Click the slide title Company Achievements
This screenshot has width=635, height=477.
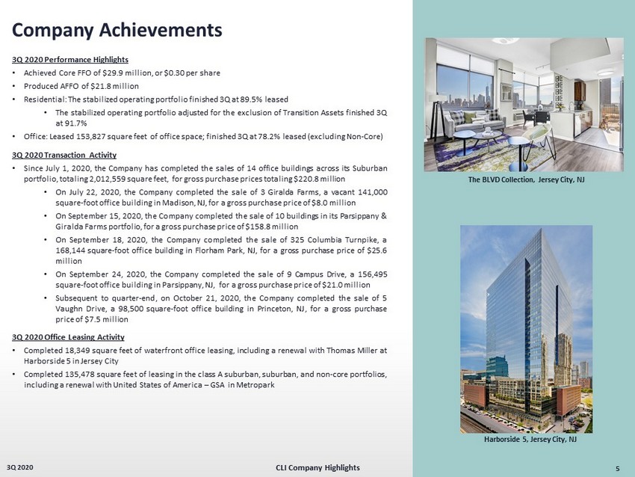pyautogui.click(x=117, y=30)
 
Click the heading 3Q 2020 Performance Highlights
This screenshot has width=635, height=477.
pyautogui.click(x=70, y=59)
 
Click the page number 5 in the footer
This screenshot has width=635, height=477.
pyautogui.click(x=617, y=468)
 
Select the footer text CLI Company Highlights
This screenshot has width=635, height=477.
pyautogui.click(x=317, y=467)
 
